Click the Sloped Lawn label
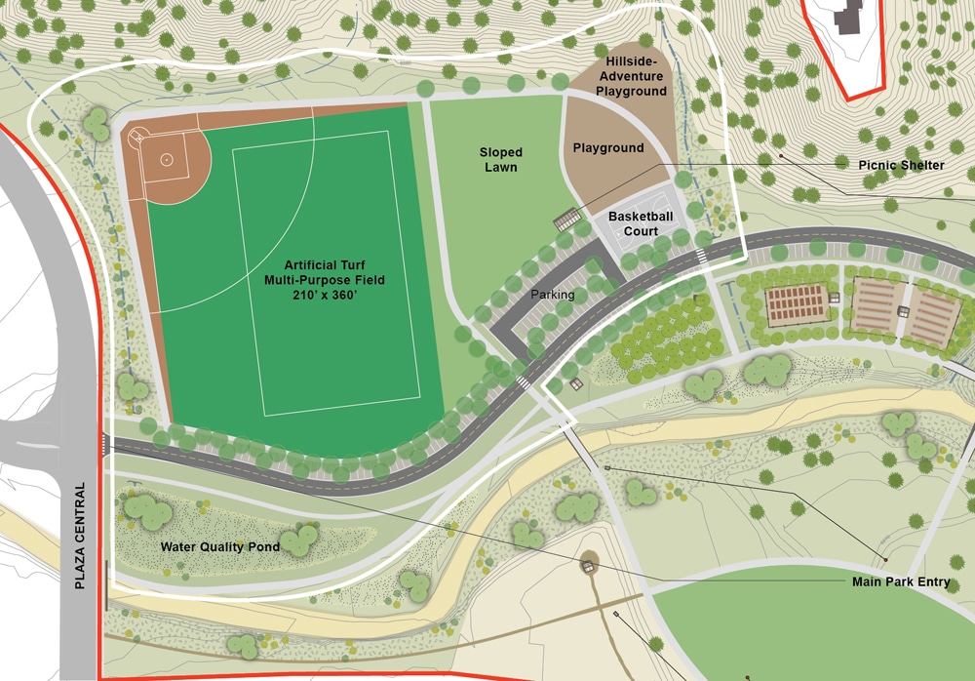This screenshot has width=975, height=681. (x=500, y=160)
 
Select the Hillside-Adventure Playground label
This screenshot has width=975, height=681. (x=633, y=76)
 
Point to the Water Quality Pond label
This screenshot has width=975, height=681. (x=220, y=547)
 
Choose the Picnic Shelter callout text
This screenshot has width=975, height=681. (x=901, y=165)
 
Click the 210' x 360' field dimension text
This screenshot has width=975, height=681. (x=334, y=296)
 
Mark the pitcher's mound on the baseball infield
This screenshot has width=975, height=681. (x=167, y=159)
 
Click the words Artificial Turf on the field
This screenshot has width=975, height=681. (x=334, y=264)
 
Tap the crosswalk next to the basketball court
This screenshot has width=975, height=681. (x=700, y=255)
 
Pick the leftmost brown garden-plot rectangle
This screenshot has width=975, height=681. (x=796, y=305)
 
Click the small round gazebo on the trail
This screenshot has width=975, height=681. (x=589, y=561)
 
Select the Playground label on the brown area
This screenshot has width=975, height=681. (x=608, y=148)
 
